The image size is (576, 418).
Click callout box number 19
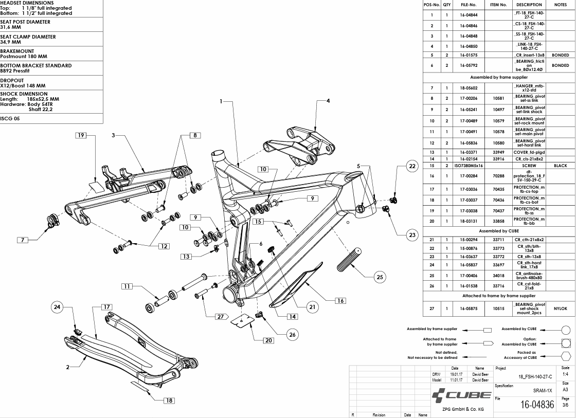[81, 135]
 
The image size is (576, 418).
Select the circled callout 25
[380, 277]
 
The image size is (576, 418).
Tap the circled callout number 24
[57, 307]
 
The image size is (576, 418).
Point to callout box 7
[23, 240]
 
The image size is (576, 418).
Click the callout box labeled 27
[220, 316]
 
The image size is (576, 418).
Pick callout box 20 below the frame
[268, 340]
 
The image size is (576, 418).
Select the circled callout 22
[412, 166]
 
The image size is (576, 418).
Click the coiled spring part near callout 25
[349, 259]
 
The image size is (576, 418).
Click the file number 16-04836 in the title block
[537, 405]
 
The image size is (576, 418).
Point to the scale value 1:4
[565, 375]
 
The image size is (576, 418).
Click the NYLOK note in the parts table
[560, 308]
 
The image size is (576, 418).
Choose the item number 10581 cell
[498, 98]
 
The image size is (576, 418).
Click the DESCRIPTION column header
[529, 5]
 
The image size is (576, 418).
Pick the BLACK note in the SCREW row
[560, 166]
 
